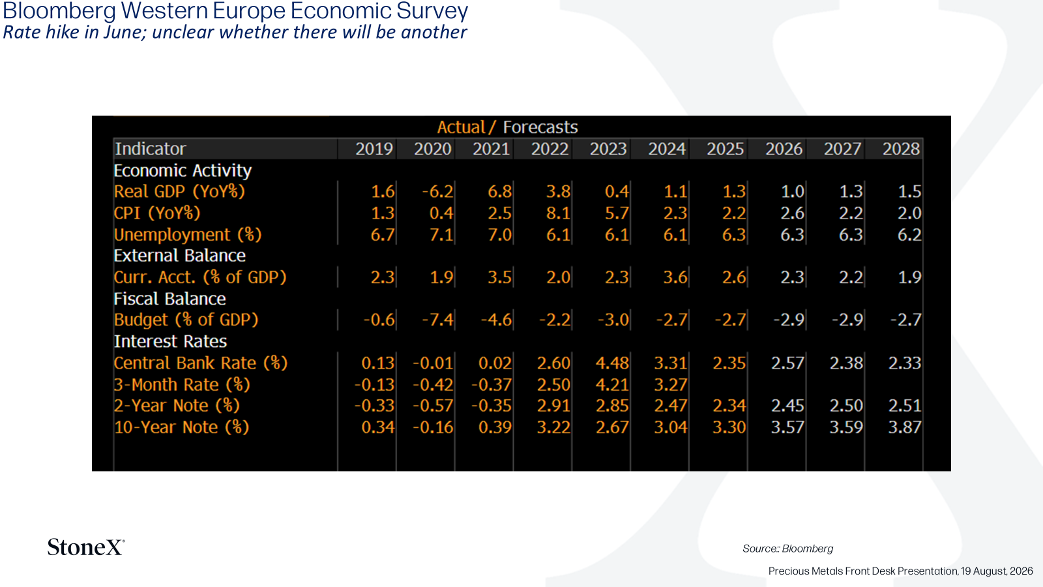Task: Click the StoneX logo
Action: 86,547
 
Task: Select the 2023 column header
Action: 608,149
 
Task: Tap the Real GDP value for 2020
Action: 437,192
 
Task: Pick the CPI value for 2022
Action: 558,213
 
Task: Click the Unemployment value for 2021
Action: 499,234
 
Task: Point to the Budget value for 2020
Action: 437,320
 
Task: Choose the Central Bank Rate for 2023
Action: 612,363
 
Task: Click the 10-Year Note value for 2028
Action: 905,427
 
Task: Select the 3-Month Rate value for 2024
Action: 671,385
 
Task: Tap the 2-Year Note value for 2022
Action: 553,406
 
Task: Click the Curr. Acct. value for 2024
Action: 675,277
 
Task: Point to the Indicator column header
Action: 151,149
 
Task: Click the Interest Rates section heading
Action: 170,342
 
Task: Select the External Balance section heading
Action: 180,256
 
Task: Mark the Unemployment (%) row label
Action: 188,235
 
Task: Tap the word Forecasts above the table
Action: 540,127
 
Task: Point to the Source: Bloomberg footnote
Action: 788,549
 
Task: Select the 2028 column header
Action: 901,149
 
